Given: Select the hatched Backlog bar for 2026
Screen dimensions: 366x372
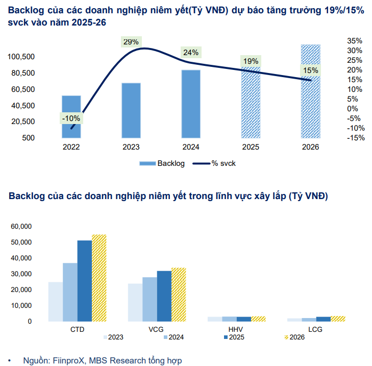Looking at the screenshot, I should click(311, 92).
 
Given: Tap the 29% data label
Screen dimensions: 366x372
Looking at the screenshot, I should click(131, 42).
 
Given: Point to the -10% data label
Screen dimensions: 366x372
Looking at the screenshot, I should click(70, 118).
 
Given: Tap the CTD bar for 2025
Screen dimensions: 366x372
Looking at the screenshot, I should click(84, 281).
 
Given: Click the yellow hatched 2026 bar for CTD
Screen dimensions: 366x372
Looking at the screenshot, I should click(99, 278).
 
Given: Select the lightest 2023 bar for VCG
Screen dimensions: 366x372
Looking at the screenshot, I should click(135, 302).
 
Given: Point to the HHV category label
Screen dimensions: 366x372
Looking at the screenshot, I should click(237, 329).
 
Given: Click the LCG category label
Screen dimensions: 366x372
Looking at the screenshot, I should click(316, 329).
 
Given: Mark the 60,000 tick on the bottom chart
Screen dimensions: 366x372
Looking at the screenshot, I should click(21, 226).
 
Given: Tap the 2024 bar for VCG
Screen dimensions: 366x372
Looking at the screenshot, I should click(150, 299).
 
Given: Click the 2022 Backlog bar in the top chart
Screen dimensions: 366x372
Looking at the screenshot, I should click(71, 116).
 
